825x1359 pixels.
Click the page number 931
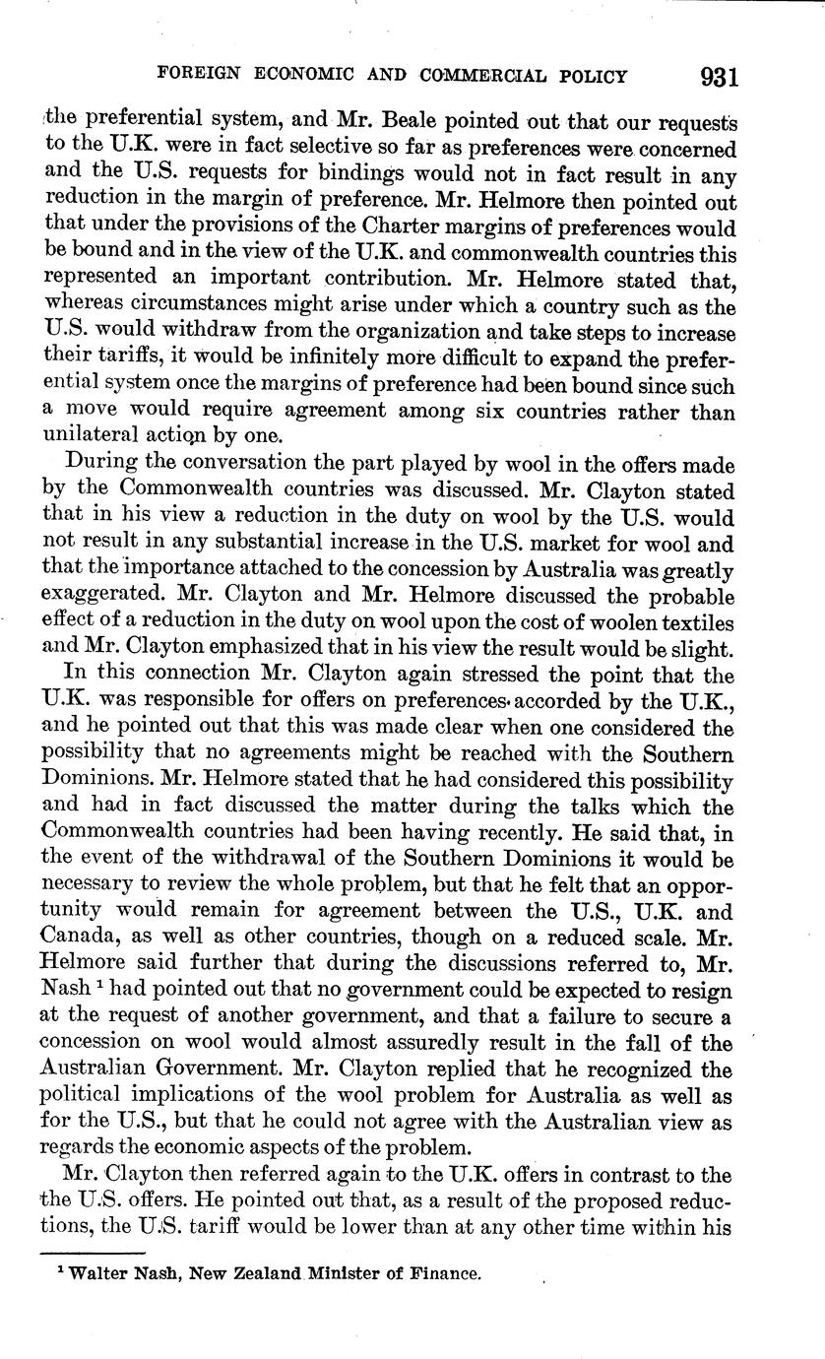[719, 77]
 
